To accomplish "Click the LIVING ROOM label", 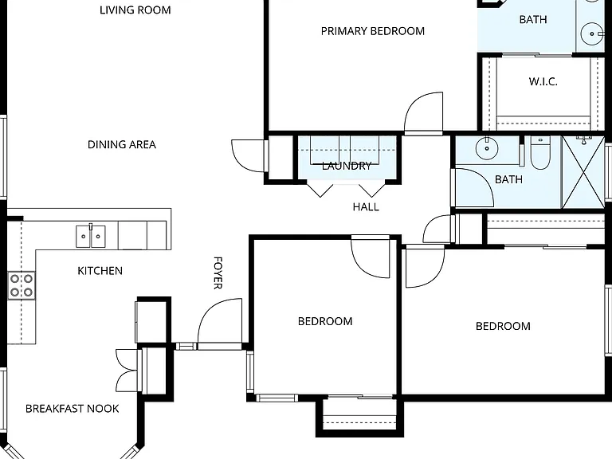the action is click(135, 10).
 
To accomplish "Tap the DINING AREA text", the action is click(122, 145).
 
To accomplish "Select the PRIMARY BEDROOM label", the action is click(373, 31).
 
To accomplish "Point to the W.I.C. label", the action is click(543, 81).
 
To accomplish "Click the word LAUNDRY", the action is click(347, 167).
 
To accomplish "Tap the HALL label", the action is click(366, 207).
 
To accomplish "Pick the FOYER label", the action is click(218, 273).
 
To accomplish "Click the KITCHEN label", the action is click(100, 271).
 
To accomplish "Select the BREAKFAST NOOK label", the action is click(73, 409).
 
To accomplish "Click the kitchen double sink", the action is click(91, 236).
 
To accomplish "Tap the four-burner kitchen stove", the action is click(22, 285).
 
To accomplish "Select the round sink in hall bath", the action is click(487, 148).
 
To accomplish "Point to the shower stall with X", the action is click(583, 172).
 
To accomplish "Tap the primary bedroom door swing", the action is click(423, 114).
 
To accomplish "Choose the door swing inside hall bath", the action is click(473, 188).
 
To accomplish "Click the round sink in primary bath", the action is click(592, 34).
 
